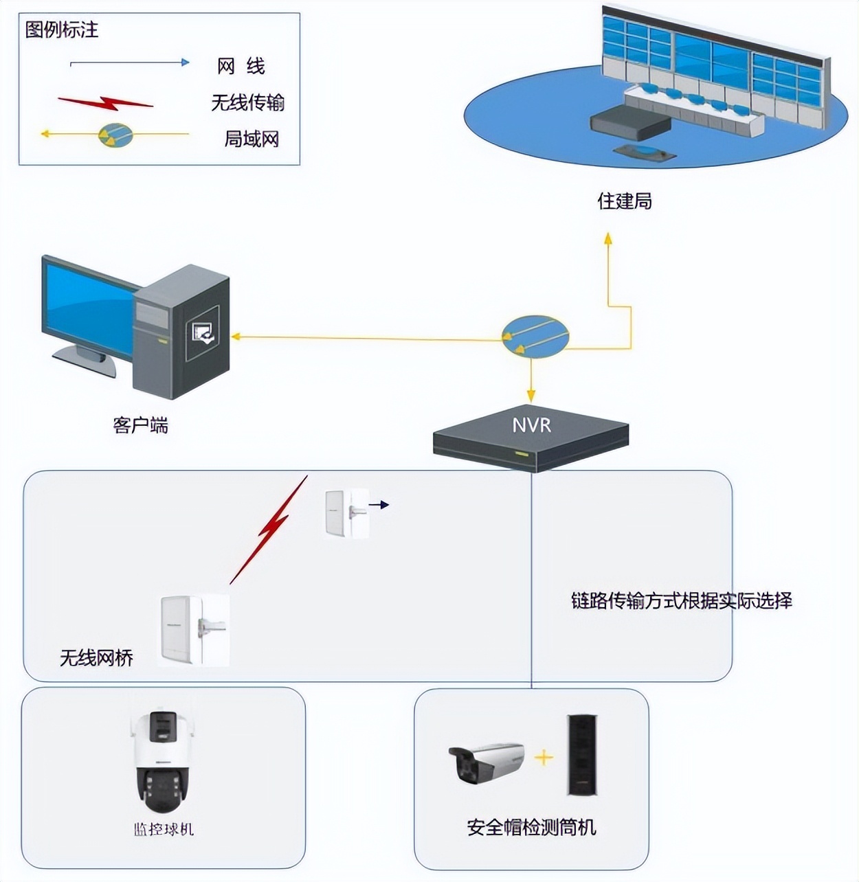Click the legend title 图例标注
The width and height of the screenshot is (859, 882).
(62, 30)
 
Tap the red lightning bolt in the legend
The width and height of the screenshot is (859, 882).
(105, 103)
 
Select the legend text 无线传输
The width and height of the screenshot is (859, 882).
(247, 103)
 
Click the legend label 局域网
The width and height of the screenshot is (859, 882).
(252, 139)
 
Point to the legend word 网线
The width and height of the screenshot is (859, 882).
(241, 67)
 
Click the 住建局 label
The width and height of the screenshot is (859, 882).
(624, 201)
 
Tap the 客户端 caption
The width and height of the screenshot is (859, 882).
(140, 426)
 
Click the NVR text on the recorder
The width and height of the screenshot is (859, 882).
(531, 425)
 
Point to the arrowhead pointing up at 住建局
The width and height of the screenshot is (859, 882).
(607, 238)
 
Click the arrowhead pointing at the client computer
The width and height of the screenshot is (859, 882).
(236, 337)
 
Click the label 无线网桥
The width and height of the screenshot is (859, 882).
(96, 658)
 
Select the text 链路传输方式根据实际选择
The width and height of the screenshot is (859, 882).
(681, 600)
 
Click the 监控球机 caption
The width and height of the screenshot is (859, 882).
(164, 829)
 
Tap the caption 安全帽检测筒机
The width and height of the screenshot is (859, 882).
(531, 827)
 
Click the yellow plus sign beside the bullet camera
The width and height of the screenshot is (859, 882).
(544, 758)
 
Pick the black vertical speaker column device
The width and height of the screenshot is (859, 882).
(581, 755)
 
